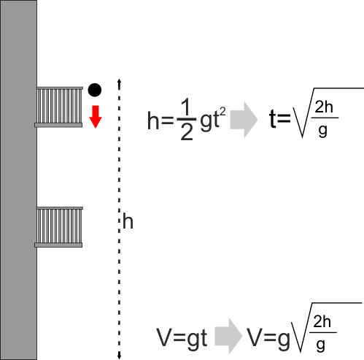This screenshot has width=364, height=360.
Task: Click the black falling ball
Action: pyautogui.click(x=95, y=90)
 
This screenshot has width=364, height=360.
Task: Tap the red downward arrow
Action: pyautogui.click(x=96, y=117)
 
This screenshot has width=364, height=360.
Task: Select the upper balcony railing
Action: pyautogui.click(x=60, y=105)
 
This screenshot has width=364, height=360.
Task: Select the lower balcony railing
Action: pyautogui.click(x=60, y=225)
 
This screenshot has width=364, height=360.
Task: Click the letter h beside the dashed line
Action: pyautogui.click(x=128, y=221)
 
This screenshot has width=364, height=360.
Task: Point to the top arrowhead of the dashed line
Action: pyautogui.click(x=119, y=81)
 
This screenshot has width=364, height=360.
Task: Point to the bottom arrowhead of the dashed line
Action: pyautogui.click(x=119, y=357)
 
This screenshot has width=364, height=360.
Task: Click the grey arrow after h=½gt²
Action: pyautogui.click(x=244, y=120)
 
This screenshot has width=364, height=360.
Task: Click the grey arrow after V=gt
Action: pyautogui.click(x=228, y=336)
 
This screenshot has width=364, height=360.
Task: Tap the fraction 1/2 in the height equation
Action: pyautogui.click(x=187, y=120)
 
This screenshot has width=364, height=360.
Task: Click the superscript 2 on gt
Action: pyautogui.click(x=222, y=112)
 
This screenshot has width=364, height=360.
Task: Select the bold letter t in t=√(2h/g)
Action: pyautogui.click(x=273, y=118)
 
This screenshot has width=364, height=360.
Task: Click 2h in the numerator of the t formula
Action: pyautogui.click(x=324, y=107)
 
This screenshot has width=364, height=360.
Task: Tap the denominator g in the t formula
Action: pyautogui.click(x=323, y=130)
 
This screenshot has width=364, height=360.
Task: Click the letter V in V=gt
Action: pyautogui.click(x=166, y=337)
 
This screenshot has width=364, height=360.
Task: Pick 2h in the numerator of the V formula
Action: pyautogui.click(x=322, y=321)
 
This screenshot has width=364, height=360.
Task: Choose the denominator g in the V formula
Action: pyautogui.click(x=321, y=345)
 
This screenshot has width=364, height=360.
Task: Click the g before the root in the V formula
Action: pyautogui.click(x=284, y=340)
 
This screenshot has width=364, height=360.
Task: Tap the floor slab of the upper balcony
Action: pyautogui.click(x=58, y=126)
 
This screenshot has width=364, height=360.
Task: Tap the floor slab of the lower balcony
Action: pyautogui.click(x=58, y=245)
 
